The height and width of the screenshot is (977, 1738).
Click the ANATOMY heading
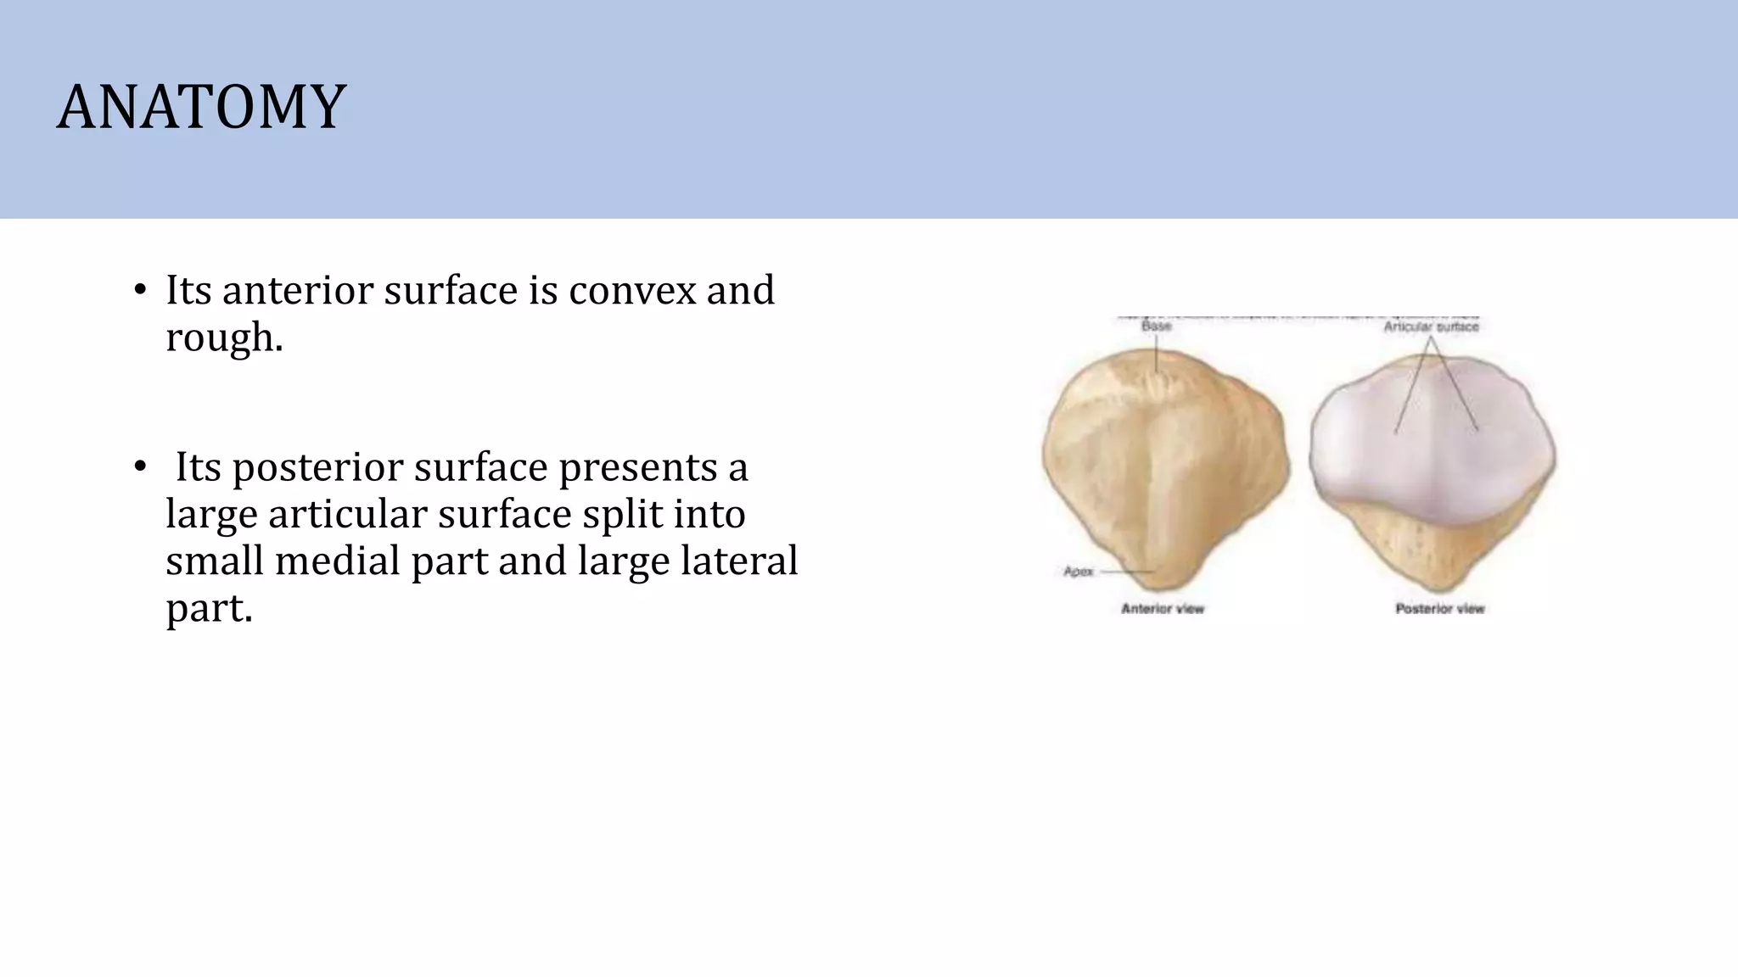click(x=201, y=108)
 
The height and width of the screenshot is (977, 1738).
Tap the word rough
click(x=223, y=338)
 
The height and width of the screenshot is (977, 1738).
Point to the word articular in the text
click(x=347, y=514)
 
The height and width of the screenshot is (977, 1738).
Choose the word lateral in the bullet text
click(x=738, y=561)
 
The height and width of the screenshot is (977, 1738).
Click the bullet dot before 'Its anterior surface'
click(x=140, y=291)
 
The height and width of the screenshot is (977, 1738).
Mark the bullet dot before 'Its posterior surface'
click(x=140, y=468)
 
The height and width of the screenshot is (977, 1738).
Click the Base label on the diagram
click(x=1156, y=327)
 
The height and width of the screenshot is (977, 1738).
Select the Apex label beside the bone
click(x=1079, y=572)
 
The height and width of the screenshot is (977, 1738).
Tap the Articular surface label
click(x=1431, y=327)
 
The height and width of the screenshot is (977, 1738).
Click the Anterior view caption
click(x=1163, y=608)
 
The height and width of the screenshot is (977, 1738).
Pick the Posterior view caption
click(x=1440, y=608)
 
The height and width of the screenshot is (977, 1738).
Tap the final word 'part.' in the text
click(x=209, y=608)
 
